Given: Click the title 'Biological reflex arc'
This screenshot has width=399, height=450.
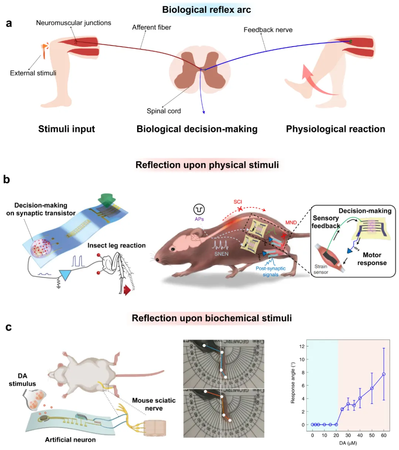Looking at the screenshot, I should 207,10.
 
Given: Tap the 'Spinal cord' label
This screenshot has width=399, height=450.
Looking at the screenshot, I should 164,111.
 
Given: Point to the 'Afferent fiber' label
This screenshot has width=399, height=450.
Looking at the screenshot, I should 151,27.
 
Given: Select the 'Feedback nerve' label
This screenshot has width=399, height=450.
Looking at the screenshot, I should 268,30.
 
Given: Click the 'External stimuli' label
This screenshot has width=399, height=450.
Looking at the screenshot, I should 33,73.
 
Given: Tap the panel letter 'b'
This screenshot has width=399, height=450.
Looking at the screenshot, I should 7,180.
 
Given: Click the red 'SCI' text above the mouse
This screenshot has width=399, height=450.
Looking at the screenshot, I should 238,202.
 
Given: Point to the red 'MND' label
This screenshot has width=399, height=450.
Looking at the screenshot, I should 291,223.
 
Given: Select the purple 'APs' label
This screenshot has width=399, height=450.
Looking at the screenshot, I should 199,219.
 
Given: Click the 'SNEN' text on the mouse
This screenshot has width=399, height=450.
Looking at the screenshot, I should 221,254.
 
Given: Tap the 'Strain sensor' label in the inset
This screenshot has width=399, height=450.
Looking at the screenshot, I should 321,269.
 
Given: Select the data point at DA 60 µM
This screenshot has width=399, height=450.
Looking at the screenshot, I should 384,374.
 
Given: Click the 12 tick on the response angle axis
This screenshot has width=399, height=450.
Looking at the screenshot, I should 302,346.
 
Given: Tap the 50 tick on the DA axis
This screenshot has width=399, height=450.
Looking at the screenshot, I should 372,435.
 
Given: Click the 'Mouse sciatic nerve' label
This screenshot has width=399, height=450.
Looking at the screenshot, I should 154,404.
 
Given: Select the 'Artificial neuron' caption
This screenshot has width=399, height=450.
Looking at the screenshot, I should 70,440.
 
